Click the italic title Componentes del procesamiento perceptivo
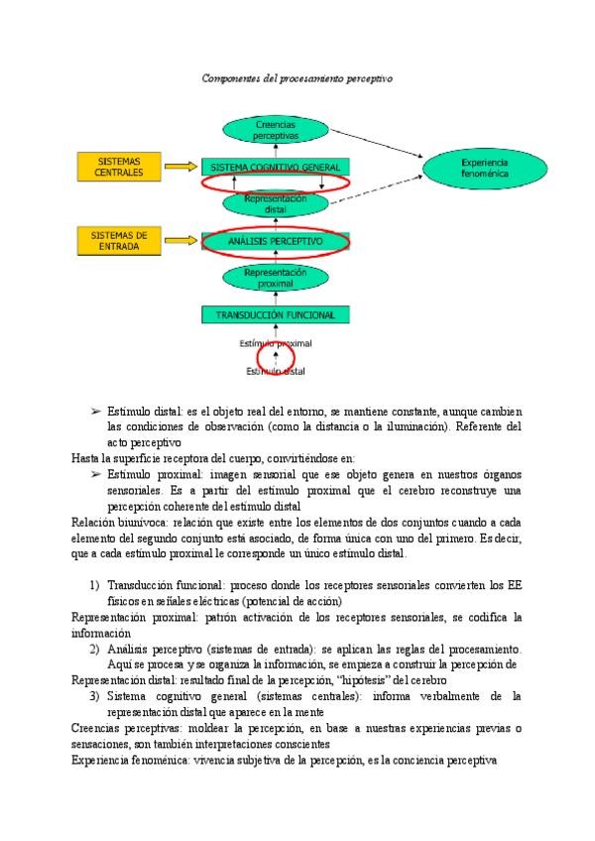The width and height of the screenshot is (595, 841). pyautogui.click(x=297, y=76)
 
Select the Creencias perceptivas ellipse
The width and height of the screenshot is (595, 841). pyautogui.click(x=276, y=129)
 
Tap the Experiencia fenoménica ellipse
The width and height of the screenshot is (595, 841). pyautogui.click(x=484, y=168)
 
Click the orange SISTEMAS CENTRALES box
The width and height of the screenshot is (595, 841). pyautogui.click(x=119, y=167)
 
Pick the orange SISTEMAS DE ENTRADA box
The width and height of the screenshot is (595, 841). pyautogui.click(x=119, y=241)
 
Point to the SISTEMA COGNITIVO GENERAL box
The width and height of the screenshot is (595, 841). pyautogui.click(x=276, y=167)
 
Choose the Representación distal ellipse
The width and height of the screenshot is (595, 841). pyautogui.click(x=276, y=204)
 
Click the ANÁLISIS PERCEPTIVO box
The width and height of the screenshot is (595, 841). pyautogui.click(x=276, y=241)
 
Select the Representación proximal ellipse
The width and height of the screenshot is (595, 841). pyautogui.click(x=276, y=278)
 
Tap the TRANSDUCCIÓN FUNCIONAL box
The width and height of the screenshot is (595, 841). pyautogui.click(x=276, y=315)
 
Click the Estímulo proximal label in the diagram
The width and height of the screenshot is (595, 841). pyautogui.click(x=276, y=343)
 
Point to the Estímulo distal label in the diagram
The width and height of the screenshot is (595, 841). pyautogui.click(x=276, y=372)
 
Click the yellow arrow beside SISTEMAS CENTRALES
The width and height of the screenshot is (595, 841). pyautogui.click(x=180, y=168)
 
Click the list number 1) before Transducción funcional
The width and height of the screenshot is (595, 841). pyautogui.click(x=95, y=584)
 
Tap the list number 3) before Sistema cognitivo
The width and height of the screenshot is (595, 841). pyautogui.click(x=95, y=697)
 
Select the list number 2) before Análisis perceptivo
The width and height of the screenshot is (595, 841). pyautogui.click(x=95, y=649)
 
